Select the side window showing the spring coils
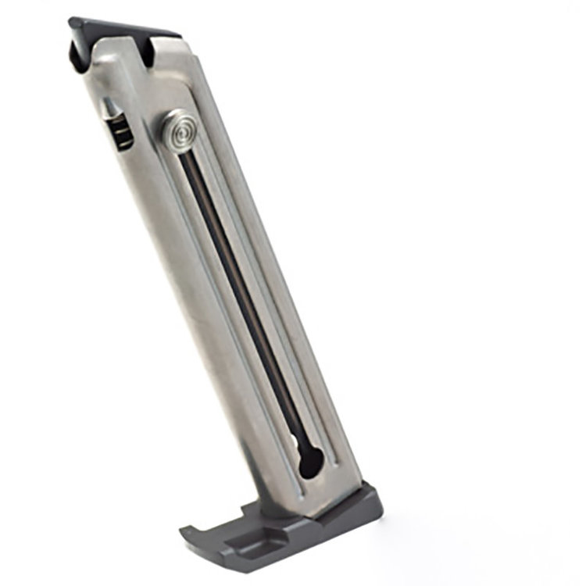(x=119, y=130)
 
